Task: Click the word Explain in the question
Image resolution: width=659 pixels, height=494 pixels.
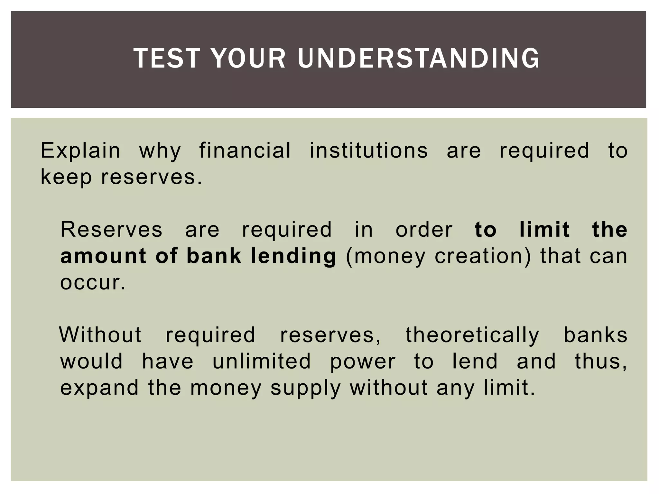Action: (80, 150)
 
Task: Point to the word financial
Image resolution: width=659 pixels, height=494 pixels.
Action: (245, 150)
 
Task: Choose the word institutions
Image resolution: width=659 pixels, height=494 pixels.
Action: (368, 150)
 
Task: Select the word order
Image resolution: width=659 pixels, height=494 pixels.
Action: (424, 229)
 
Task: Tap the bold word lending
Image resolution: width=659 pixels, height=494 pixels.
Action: (293, 256)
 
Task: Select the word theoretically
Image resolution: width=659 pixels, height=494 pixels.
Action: (472, 335)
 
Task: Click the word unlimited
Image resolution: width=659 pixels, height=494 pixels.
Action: (262, 361)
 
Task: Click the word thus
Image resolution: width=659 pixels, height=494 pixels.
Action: (601, 361)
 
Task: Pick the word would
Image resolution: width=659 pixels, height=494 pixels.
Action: (92, 361)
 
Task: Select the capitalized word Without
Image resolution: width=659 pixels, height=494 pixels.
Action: (100, 335)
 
